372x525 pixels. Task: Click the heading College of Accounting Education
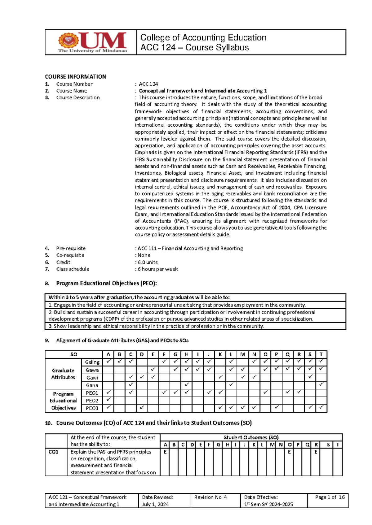pyautogui.click(x=203, y=37)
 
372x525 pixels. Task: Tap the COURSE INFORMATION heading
pyautogui.click(x=75, y=76)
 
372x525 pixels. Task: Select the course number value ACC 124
pyautogui.click(x=148, y=84)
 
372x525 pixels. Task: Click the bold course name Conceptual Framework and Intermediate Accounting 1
pyautogui.click(x=203, y=91)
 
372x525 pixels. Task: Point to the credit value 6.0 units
pyautogui.click(x=148, y=262)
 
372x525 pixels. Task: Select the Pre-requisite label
pyautogui.click(x=71, y=248)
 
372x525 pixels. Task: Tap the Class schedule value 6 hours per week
pyautogui.click(x=158, y=269)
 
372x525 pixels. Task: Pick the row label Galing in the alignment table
pyautogui.click(x=92, y=362)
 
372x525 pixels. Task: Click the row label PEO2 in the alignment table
pyautogui.click(x=92, y=401)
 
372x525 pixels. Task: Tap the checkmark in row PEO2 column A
pyautogui.click(x=108, y=400)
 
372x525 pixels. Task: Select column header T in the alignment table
pyautogui.click(x=321, y=354)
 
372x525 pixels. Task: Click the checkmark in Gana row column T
pyautogui.click(x=321, y=384)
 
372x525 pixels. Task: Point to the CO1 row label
pyautogui.click(x=53, y=452)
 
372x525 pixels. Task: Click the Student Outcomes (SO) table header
pyautogui.click(x=251, y=437)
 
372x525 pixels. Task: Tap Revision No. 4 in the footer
pyautogui.click(x=210, y=497)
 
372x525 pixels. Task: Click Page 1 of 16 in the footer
pyautogui.click(x=330, y=497)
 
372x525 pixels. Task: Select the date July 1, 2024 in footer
pyautogui.click(x=155, y=504)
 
